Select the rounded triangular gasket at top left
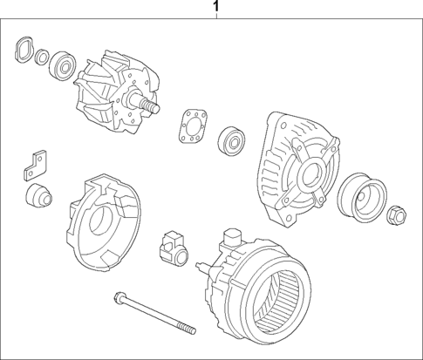click(24, 51)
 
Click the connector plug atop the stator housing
click(234, 239)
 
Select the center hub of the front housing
click(310, 179)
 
